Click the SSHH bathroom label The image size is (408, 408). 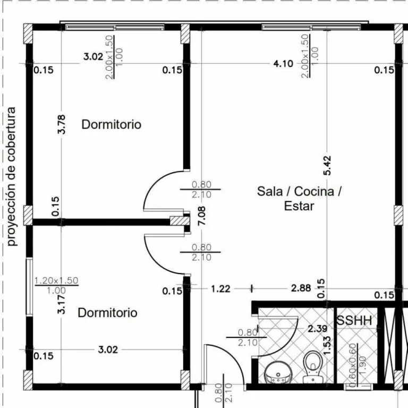click(x=354, y=320)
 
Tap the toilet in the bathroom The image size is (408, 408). click(x=313, y=367)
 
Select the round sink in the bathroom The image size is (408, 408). click(x=278, y=372)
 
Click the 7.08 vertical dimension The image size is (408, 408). click(x=201, y=216)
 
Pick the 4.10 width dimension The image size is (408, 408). click(x=283, y=64)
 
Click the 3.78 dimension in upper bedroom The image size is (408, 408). click(x=62, y=124)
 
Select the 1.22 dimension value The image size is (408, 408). click(x=220, y=289)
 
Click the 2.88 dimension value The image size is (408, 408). click(x=301, y=288)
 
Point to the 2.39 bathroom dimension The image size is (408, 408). click(x=317, y=329)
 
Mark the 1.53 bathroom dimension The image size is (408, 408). click(x=327, y=345)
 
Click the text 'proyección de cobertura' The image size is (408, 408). click(x=12, y=176)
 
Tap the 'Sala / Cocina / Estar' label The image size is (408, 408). click(x=299, y=199)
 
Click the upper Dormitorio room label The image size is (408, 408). click(x=112, y=124)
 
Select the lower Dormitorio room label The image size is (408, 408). click(x=107, y=312)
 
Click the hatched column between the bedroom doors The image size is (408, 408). click(x=180, y=221)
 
